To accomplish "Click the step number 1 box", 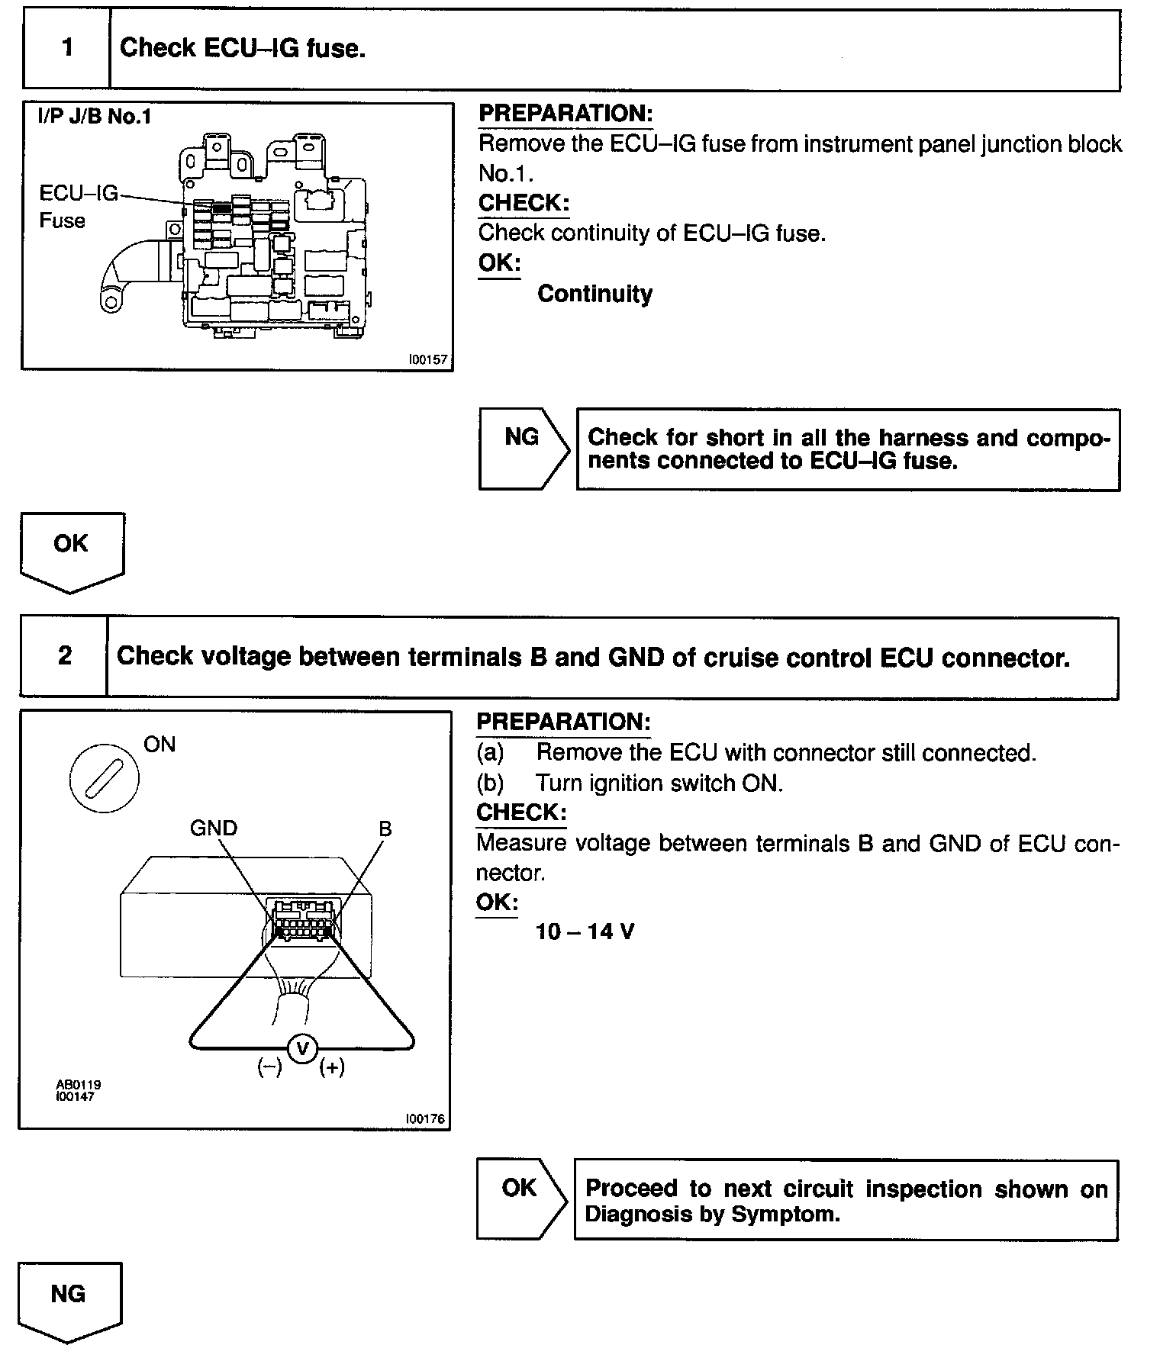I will coord(67,49).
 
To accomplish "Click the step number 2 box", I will coord(65,656).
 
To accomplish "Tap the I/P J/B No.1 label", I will coord(95,117).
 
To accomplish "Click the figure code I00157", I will coord(427,359).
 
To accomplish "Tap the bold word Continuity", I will coord(594,294).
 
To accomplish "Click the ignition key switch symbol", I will coord(104,780).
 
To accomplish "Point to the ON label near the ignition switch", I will coord(159,745).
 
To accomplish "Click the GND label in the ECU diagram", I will coord(214,828).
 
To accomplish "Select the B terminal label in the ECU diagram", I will coord(385,829).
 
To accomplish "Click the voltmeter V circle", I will coord(302,1049).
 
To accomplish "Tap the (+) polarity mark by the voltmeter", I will coord(332,1067).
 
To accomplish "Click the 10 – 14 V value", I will coord(585,931).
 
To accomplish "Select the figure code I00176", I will coord(425,1119).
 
